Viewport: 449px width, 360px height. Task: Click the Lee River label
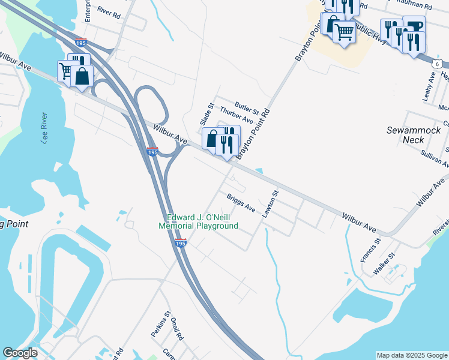coord(41,127)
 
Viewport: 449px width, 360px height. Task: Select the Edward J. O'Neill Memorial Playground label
coord(198,221)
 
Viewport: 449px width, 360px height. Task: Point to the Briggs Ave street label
coord(241,203)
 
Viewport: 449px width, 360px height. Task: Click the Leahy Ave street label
coord(429,86)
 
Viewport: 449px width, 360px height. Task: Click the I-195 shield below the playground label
coord(181,243)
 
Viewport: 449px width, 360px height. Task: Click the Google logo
coord(20,353)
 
